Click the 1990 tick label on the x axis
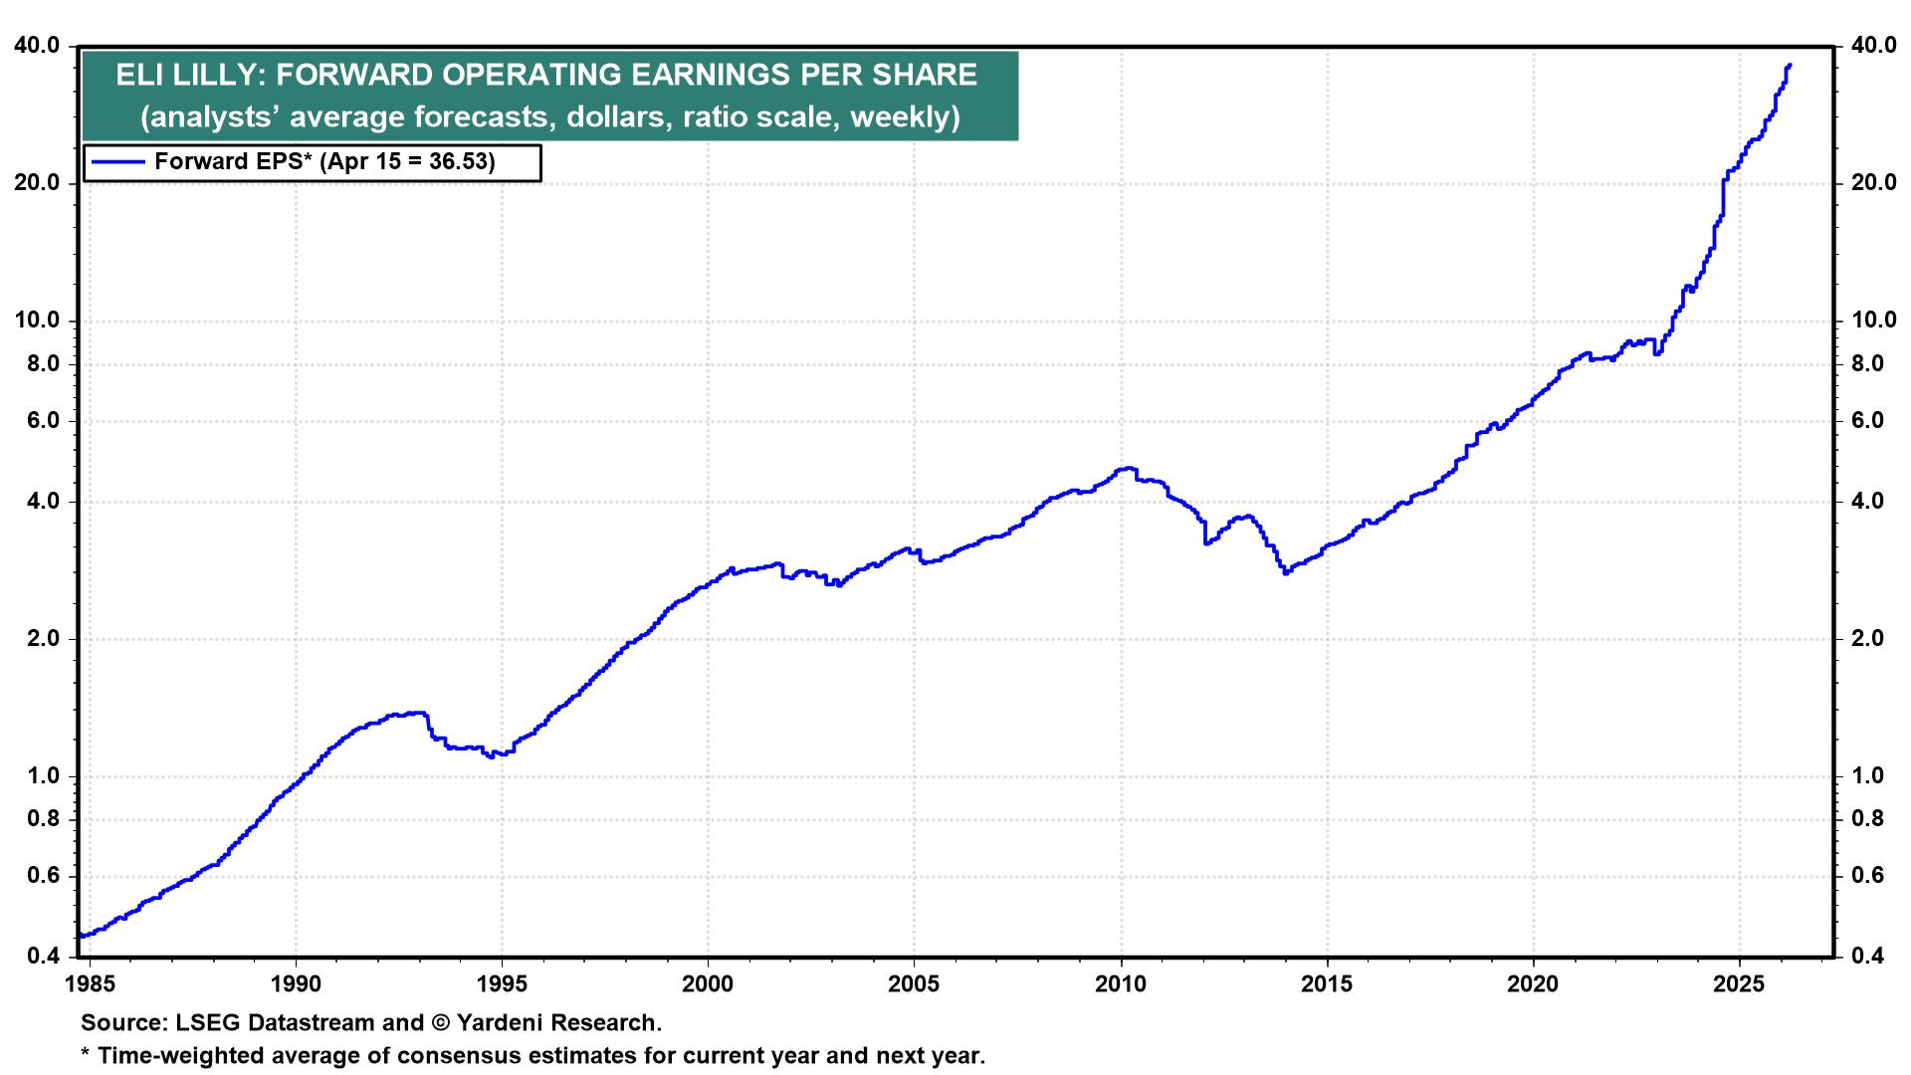coord(296,984)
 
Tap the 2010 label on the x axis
coord(1121,984)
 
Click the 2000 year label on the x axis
coord(708,984)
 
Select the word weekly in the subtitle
coord(902,116)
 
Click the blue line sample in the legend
coord(116,162)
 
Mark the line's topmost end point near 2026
coord(1790,66)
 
